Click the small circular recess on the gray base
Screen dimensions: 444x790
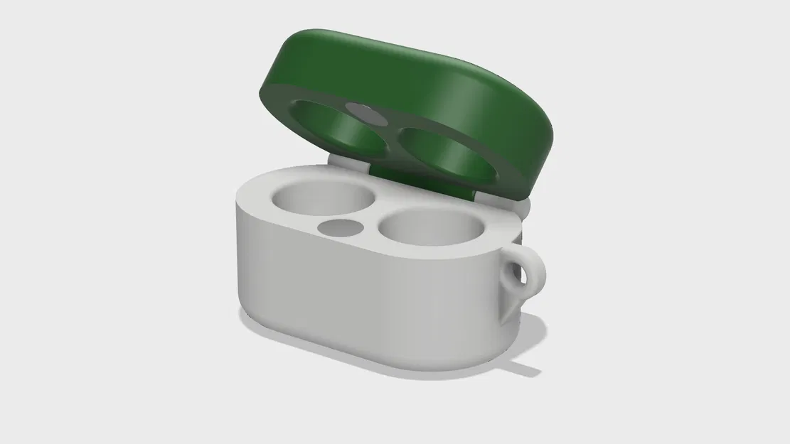click(341, 227)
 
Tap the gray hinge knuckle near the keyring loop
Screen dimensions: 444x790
click(523, 210)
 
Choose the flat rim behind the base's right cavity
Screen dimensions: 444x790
click(491, 210)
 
